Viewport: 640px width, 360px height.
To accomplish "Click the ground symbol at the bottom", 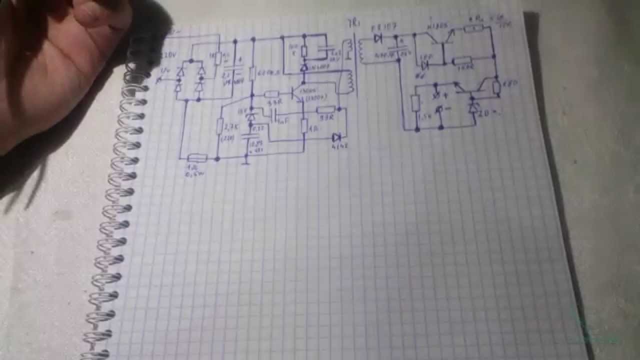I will click(246, 161).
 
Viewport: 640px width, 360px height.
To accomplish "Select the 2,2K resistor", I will click(219, 126).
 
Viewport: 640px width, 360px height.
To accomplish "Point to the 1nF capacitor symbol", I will click(273, 116).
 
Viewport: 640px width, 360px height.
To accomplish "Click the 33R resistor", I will click(325, 110).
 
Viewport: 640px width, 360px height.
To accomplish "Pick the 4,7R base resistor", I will click(271, 94).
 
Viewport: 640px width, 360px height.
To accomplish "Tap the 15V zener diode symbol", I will click(251, 116).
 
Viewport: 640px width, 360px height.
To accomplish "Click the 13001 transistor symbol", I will click(298, 92).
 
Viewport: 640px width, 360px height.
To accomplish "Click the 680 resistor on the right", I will click(496, 88).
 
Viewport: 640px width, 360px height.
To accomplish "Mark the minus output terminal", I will click(439, 108).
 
